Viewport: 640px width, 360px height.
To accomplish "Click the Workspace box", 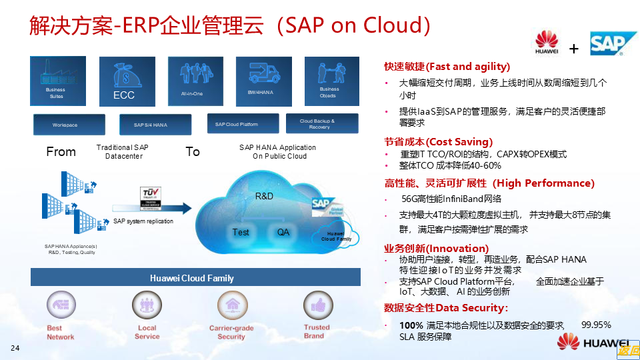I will (x=69, y=125).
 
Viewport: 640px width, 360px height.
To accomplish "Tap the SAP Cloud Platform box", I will (x=238, y=124).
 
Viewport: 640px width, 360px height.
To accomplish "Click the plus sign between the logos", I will (x=573, y=49).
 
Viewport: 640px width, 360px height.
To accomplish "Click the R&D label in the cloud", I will (x=265, y=197).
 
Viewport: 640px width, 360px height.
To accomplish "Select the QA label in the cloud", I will (x=283, y=232).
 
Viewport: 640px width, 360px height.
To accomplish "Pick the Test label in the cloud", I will (x=241, y=232).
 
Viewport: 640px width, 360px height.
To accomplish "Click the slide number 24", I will (x=15, y=349).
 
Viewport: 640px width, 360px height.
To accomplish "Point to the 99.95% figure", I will (x=596, y=325).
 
